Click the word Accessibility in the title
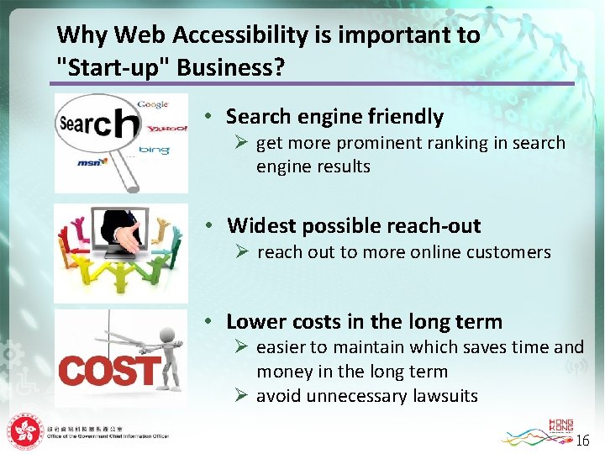click(x=214, y=35)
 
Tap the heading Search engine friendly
click(x=334, y=117)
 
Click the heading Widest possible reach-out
click(x=354, y=225)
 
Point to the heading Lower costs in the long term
click(x=364, y=322)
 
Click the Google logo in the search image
click(x=153, y=104)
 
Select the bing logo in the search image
click(x=155, y=150)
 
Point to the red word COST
click(x=109, y=371)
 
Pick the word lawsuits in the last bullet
click(x=446, y=396)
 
